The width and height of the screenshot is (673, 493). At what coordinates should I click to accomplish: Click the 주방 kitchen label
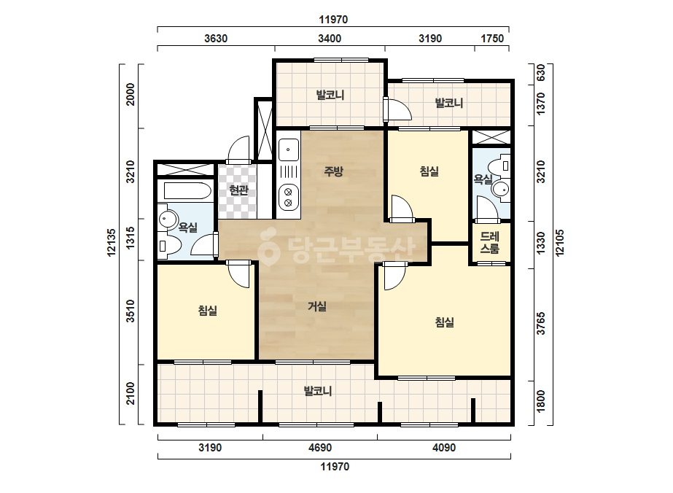[x=333, y=172]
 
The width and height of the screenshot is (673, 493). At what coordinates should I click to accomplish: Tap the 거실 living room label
[x=317, y=306]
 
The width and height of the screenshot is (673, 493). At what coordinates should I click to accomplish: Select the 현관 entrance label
[x=238, y=190]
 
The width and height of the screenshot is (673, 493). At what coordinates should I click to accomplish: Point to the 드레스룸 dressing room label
[x=490, y=242]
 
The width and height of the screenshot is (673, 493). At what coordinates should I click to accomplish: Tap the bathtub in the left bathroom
[x=184, y=190]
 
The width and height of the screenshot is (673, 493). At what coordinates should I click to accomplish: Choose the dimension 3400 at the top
[x=330, y=39]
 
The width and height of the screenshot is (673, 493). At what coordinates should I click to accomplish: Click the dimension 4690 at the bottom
[x=320, y=448]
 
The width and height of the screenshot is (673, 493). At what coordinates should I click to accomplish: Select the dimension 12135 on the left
[x=111, y=243]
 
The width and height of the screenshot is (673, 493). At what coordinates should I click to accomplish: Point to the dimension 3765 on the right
[x=541, y=323]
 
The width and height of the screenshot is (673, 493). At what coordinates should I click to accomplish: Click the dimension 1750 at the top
[x=492, y=39]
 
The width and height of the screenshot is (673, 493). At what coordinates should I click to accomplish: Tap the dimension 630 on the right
[x=541, y=73]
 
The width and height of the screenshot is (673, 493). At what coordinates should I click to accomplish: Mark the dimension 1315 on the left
[x=131, y=238]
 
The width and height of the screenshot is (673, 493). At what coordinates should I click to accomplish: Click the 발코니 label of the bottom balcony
[x=318, y=391]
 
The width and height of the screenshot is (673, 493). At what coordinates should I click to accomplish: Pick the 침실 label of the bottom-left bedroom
[x=208, y=311]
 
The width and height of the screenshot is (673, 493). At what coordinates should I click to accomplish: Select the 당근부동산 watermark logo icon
[x=268, y=246]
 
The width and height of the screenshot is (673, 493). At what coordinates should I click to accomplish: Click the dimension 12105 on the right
[x=560, y=243]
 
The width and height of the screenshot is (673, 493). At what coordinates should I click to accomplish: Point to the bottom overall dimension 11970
[x=335, y=467]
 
